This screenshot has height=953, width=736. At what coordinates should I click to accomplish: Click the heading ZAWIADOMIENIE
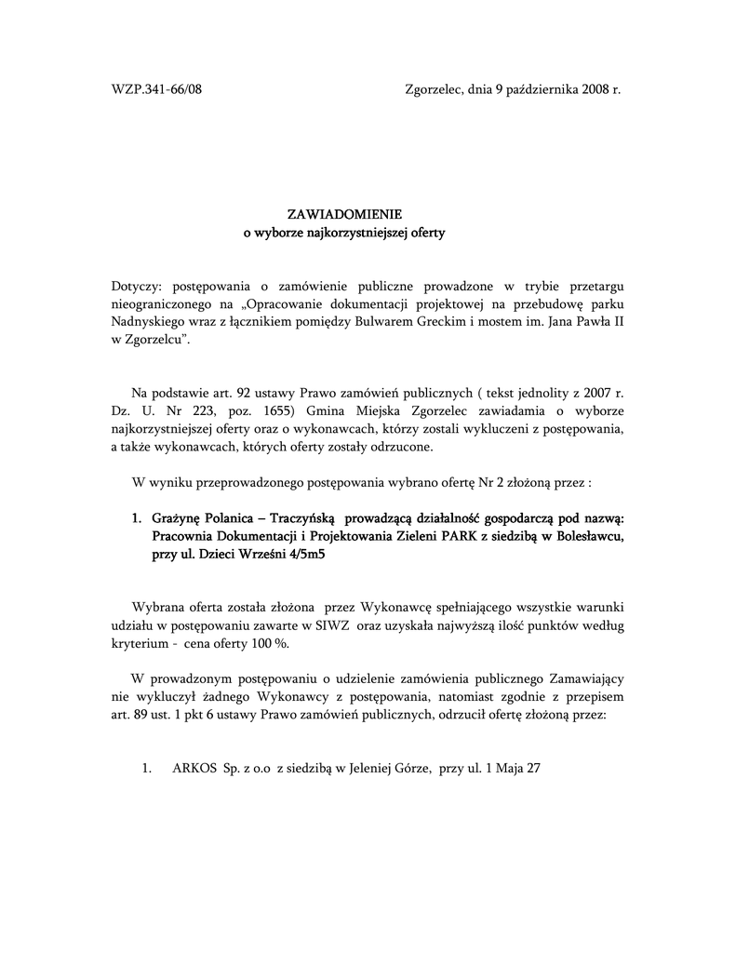[344, 214]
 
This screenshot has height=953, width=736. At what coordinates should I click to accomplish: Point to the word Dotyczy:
[137, 285]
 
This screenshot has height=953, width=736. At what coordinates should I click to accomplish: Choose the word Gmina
[326, 410]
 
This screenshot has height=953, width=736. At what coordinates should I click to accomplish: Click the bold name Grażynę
[177, 517]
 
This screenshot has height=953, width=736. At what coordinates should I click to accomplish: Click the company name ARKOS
[194, 770]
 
